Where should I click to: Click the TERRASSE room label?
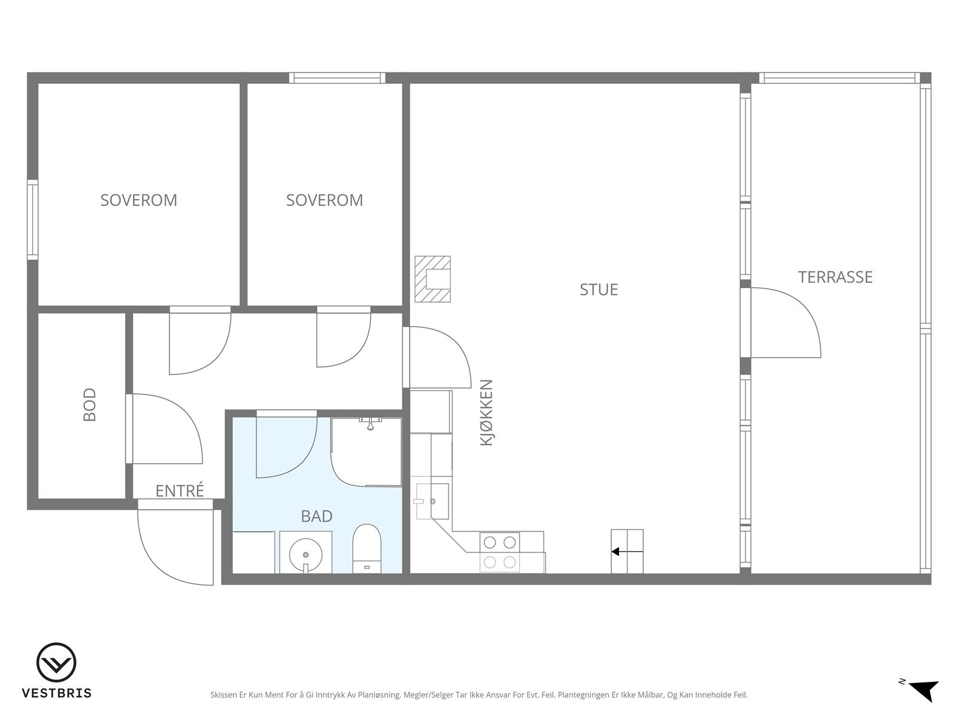point(835,277)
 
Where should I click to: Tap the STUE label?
point(598,290)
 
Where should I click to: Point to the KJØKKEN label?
point(486,413)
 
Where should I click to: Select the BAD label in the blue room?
point(316,516)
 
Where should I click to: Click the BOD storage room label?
point(89,404)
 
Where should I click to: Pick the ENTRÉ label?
point(180,491)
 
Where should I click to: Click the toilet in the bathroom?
point(366,549)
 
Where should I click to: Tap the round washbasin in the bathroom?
point(305,555)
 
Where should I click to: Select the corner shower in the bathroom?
point(366,452)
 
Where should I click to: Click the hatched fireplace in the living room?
point(432,279)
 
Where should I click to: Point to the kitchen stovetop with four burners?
point(500,552)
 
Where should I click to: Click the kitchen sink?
point(432,501)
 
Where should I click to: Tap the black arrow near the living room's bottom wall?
point(627,552)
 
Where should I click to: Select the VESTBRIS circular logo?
point(56,663)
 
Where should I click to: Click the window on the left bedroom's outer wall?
point(33,219)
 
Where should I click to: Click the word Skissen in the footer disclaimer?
point(223,694)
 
